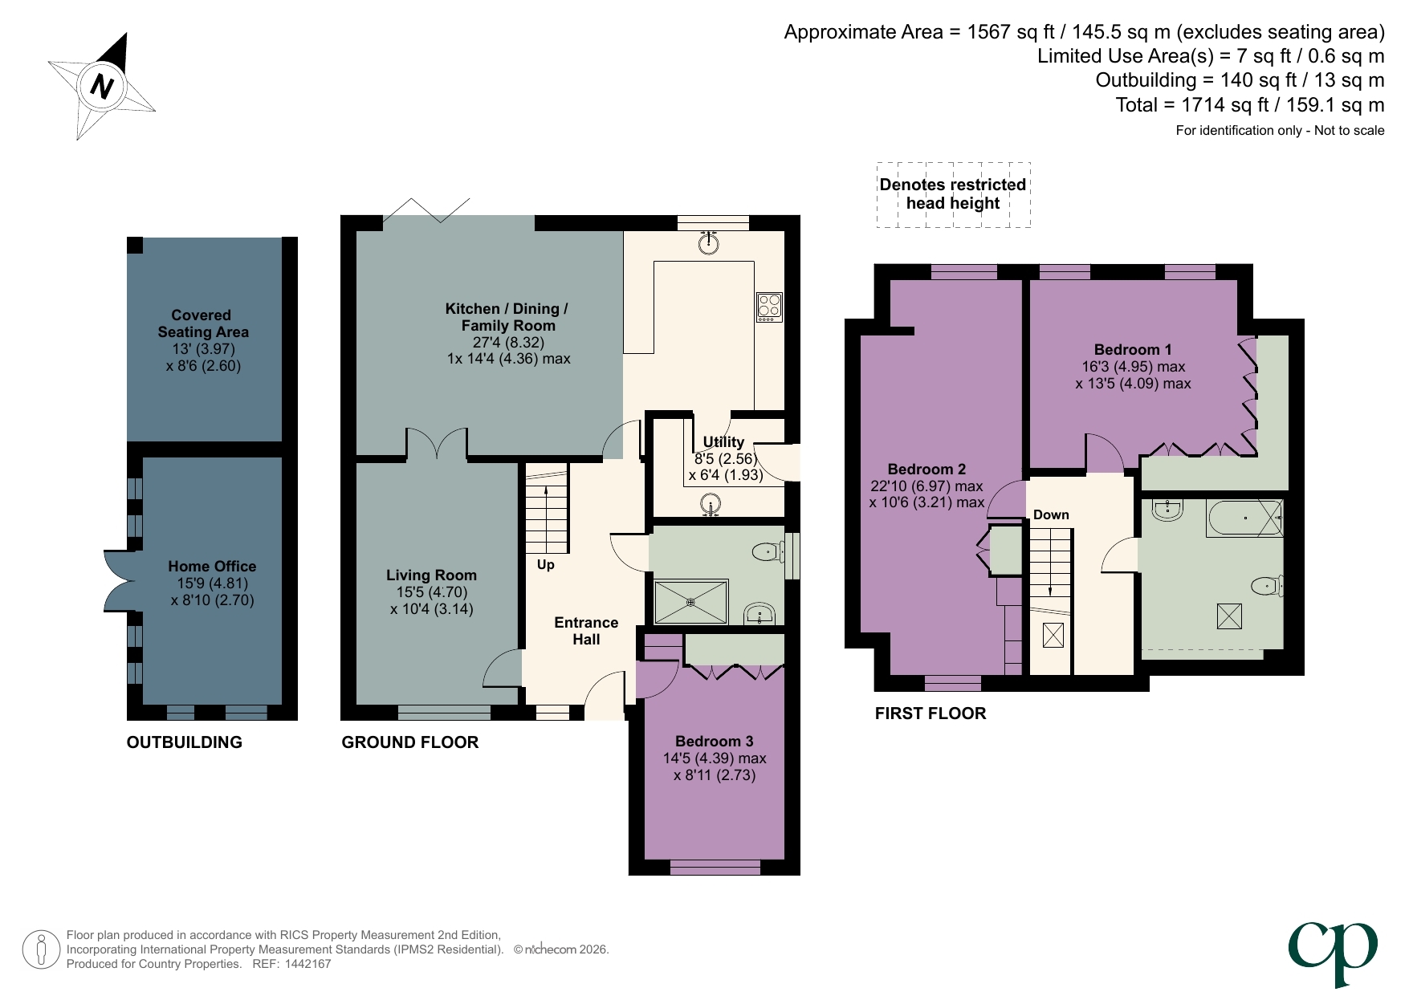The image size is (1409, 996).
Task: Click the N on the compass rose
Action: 102,85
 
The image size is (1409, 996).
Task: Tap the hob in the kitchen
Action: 768,307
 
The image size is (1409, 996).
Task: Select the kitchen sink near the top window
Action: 708,242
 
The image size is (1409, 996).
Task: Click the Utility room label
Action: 723,442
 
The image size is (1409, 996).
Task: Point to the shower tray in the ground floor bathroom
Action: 690,601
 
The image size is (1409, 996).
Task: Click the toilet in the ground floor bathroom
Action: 767,551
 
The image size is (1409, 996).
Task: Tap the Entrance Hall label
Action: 586,631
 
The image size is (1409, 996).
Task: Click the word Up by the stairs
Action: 546,565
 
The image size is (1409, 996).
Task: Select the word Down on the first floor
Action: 1051,515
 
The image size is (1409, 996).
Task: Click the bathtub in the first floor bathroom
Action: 1244,518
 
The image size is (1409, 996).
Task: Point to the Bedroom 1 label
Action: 1133,350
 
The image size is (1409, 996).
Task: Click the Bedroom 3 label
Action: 714,742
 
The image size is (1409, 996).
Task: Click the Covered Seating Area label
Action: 202,323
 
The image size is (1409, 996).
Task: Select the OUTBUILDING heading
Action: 184,742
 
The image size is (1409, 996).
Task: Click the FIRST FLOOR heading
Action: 930,713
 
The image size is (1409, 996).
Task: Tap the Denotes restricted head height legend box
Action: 953,194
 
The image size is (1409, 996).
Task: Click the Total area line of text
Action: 1249,105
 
